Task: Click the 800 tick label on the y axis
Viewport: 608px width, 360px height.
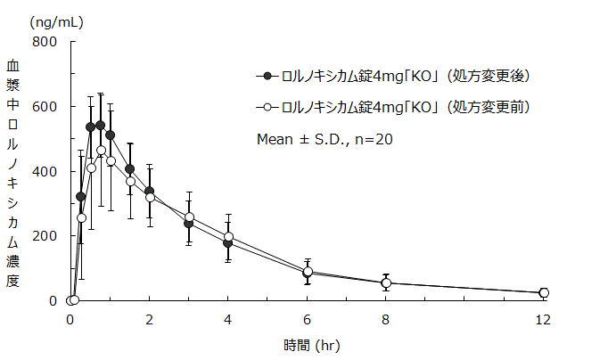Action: (44, 42)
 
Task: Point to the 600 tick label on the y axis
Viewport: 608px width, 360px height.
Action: (44, 107)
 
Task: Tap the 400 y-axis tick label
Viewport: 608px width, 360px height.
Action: (44, 171)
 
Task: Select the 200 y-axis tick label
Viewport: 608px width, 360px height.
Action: (44, 236)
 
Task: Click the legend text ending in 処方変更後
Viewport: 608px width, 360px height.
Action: (406, 76)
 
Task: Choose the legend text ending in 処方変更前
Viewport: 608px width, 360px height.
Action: (406, 107)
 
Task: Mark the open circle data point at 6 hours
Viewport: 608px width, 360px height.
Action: (308, 272)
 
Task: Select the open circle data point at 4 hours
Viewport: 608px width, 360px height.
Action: (228, 237)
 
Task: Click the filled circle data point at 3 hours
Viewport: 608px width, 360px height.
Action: (189, 224)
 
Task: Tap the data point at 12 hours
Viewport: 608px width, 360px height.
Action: (544, 293)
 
